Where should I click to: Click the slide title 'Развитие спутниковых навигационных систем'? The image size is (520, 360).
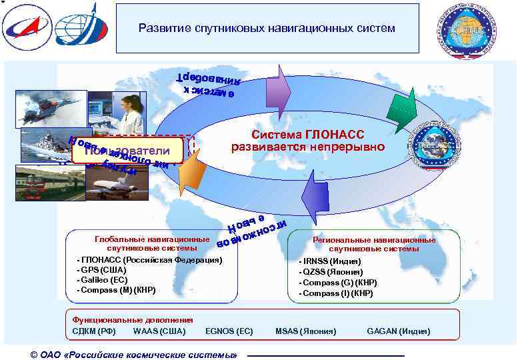[267, 29]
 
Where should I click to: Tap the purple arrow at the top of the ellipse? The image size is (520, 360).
[284, 85]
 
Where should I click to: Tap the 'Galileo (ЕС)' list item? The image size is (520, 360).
[103, 280]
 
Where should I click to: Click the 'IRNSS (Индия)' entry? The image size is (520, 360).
[331, 262]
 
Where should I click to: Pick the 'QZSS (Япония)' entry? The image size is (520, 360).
[333, 272]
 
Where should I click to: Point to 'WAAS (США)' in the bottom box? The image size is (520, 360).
[159, 331]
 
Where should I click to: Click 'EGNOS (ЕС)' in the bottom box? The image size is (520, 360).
[229, 331]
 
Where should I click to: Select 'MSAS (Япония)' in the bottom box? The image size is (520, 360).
[306, 331]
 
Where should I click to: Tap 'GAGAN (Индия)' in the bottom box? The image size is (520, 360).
[399, 331]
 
